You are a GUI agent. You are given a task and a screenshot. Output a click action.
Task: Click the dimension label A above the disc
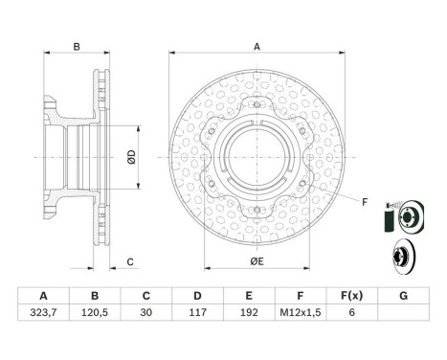click(257, 45)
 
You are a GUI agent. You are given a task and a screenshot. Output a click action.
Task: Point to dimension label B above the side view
click(76, 45)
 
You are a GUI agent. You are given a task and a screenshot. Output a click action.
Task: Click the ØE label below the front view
click(257, 260)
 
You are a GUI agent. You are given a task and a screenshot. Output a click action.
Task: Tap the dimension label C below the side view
click(129, 261)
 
